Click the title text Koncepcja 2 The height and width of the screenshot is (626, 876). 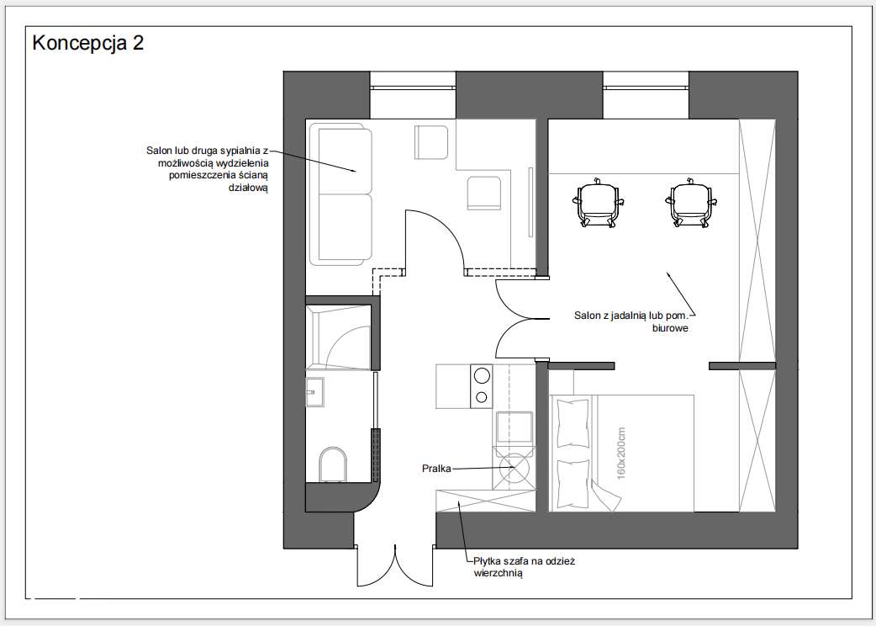coord(88,42)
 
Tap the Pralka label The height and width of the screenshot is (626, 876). coord(436,469)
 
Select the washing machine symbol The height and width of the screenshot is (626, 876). coord(514,469)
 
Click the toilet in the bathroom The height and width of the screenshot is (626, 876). coord(333,464)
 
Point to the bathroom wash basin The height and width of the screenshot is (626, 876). coord(315,392)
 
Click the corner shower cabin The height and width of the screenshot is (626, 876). coord(339,337)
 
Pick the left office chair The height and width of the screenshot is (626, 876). coord(597,202)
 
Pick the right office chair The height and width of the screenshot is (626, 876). coord(691,202)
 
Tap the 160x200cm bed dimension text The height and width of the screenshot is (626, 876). coord(621,454)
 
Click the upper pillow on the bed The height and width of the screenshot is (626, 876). coord(573,423)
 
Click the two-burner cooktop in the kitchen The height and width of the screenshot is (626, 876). coord(482,386)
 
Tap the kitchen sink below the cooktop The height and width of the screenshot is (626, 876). coord(514,427)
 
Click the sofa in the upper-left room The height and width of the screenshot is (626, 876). coord(341,194)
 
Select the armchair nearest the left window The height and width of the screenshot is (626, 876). coord(431,142)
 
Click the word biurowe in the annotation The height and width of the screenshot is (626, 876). coord(670,328)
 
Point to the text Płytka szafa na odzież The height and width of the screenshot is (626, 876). coord(524,560)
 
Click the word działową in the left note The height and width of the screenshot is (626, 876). coord(249,188)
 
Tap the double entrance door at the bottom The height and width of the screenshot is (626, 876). coord(395,565)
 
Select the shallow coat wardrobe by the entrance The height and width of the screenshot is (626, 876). coord(485,501)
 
